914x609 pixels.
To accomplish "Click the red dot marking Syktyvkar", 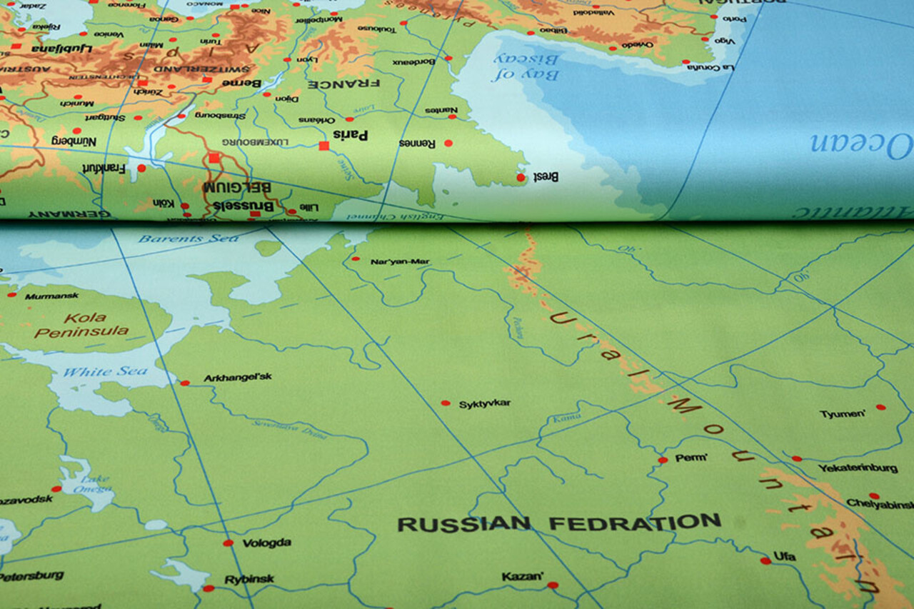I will click(x=446, y=403).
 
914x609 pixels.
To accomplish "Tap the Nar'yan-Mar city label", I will click(x=400, y=261).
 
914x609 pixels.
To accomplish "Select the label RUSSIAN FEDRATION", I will click(x=558, y=523).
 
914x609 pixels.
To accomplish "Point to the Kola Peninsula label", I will click(x=83, y=325).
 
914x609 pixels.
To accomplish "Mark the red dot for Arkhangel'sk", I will click(x=184, y=383).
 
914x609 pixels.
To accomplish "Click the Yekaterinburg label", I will click(x=858, y=468).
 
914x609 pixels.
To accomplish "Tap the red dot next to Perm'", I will click(x=663, y=460).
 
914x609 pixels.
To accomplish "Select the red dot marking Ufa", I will click(x=765, y=560).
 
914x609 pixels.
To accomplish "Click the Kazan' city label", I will click(x=522, y=576).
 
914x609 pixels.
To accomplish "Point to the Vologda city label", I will click(x=266, y=543).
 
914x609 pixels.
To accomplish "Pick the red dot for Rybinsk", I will click(x=208, y=588).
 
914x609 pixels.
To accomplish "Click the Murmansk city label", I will click(x=52, y=296).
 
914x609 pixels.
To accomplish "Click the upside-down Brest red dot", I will click(x=521, y=177).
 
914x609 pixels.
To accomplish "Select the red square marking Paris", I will click(x=323, y=146).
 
